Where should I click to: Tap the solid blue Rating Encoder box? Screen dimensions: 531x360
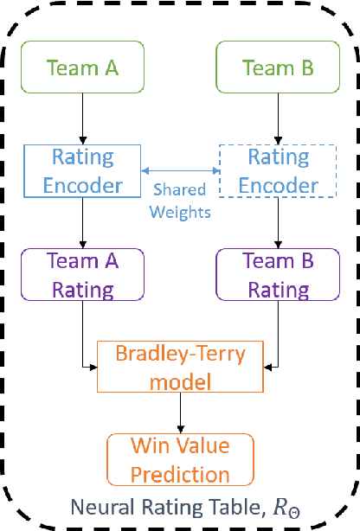[x=82, y=171]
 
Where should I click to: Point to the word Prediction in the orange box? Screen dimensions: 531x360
[x=180, y=474]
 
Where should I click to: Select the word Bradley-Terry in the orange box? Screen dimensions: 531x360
[x=180, y=354]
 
